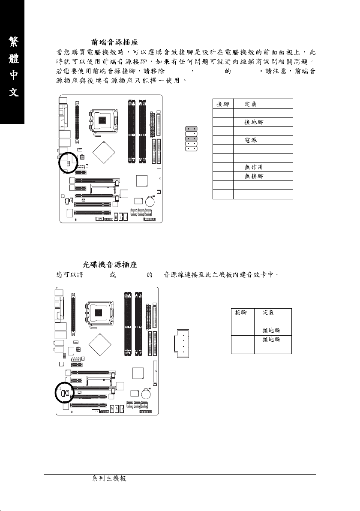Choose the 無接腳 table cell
(x=254, y=176)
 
